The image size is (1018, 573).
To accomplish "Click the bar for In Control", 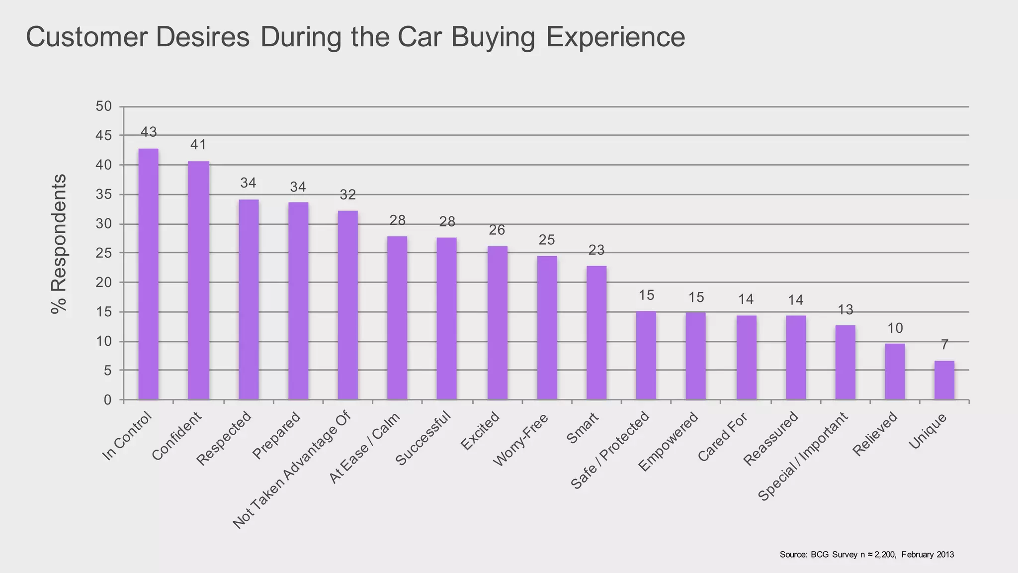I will (148, 274).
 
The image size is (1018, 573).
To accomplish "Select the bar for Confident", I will (198, 281).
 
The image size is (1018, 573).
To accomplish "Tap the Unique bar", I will (944, 380).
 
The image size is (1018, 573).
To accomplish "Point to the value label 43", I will (149, 132).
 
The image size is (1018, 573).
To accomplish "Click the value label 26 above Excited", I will (497, 230).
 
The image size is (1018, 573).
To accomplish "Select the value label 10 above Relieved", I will (895, 328).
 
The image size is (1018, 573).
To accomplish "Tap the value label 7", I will (944, 345).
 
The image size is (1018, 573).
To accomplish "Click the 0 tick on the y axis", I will (107, 400).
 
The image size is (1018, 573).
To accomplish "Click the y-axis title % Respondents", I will (59, 244).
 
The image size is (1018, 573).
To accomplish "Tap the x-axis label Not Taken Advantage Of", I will (292, 470).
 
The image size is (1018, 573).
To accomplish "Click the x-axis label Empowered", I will (669, 441).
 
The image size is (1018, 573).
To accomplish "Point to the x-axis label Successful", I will (423, 438).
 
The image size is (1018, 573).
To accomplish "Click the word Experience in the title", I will (615, 37).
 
